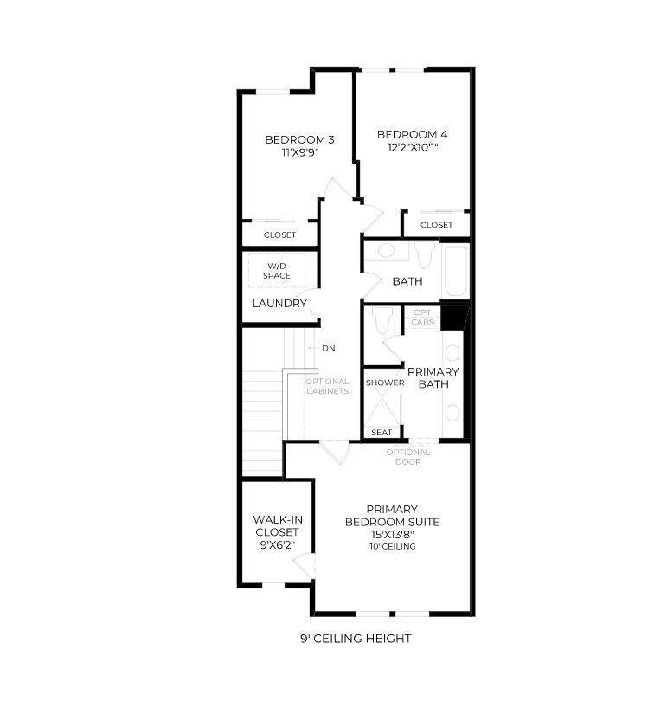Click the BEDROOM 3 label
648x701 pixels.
pyautogui.click(x=299, y=139)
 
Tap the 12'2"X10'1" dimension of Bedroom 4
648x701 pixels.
pyautogui.click(x=412, y=147)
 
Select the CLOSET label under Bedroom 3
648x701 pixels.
pyautogui.click(x=279, y=235)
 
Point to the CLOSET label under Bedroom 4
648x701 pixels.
pyautogui.click(x=436, y=225)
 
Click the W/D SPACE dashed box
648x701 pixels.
pyautogui.click(x=277, y=271)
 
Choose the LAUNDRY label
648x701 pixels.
pyautogui.click(x=279, y=304)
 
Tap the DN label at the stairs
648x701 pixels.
pyautogui.click(x=328, y=349)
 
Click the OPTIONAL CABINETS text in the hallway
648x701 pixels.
pyautogui.click(x=327, y=386)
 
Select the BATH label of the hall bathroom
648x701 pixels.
pyautogui.click(x=407, y=281)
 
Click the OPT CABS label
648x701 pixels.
pyautogui.click(x=422, y=317)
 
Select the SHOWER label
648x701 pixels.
pyautogui.click(x=384, y=383)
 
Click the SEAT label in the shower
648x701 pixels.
pyautogui.click(x=381, y=433)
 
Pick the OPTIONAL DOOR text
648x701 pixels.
pyautogui.click(x=408, y=457)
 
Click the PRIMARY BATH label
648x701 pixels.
pyautogui.click(x=433, y=377)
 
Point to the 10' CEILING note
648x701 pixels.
pyautogui.click(x=392, y=546)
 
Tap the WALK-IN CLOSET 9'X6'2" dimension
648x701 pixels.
pyautogui.click(x=277, y=546)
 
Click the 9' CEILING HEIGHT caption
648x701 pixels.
pyautogui.click(x=355, y=639)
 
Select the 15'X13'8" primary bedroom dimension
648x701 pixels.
pyautogui.click(x=392, y=534)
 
